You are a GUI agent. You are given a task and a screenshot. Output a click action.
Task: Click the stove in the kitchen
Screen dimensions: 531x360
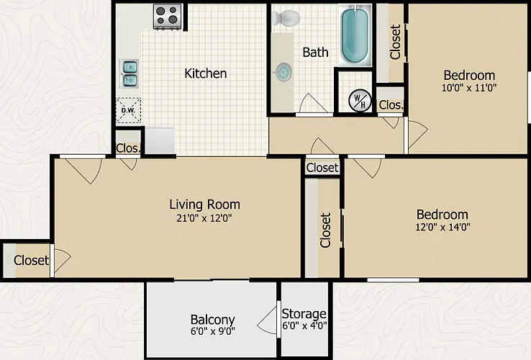(x=168, y=17)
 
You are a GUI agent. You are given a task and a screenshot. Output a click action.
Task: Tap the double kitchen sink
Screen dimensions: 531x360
(x=130, y=73)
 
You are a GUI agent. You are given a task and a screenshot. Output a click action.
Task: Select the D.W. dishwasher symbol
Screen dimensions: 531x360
(x=128, y=110)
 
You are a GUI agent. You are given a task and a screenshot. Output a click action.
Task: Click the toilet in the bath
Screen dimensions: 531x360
(x=287, y=17)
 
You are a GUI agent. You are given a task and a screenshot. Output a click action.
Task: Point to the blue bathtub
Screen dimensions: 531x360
(x=355, y=35)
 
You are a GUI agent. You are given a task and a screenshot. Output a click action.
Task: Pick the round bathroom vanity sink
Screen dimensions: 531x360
(x=283, y=72)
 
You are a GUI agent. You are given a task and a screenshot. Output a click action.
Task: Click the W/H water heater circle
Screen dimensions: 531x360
(x=360, y=101)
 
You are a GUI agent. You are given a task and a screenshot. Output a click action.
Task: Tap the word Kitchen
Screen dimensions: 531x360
(x=206, y=73)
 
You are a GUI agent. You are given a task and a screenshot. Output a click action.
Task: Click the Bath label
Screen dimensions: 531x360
(x=315, y=53)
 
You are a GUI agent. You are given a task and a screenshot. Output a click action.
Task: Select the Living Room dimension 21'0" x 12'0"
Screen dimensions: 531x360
(x=204, y=218)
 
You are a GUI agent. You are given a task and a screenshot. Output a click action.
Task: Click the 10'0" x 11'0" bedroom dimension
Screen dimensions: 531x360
(x=469, y=88)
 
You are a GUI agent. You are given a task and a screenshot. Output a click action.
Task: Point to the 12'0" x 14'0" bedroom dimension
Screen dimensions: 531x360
(x=442, y=227)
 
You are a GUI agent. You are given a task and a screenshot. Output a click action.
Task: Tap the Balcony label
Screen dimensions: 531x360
(x=213, y=320)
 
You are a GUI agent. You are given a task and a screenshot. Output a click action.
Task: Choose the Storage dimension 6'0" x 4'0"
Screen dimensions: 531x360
(x=304, y=325)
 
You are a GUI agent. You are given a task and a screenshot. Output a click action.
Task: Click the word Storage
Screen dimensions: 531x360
(x=304, y=314)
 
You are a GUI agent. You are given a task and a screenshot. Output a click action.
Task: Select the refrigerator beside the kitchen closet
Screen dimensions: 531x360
(x=160, y=140)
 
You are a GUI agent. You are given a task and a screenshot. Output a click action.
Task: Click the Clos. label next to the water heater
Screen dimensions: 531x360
(x=391, y=104)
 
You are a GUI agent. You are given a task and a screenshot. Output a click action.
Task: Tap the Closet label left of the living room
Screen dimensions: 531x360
(x=31, y=261)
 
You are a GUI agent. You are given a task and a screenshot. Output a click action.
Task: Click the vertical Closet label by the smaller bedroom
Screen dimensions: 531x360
(x=395, y=42)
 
